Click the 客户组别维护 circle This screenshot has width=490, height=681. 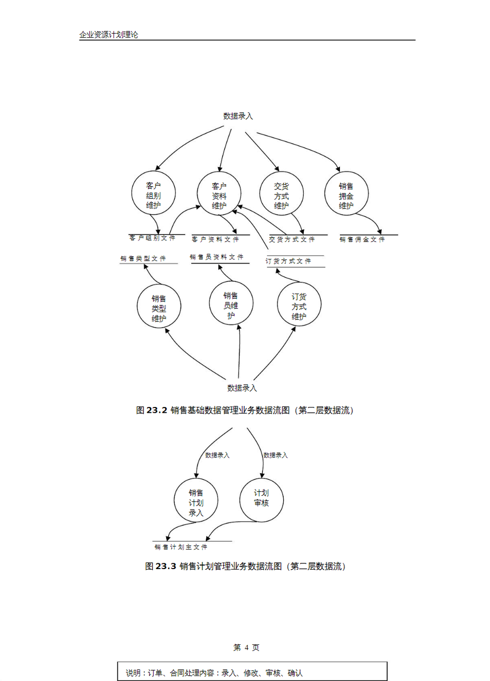coord(153,194)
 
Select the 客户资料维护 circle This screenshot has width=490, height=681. coord(219,194)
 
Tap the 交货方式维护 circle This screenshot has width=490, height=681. coord(281,194)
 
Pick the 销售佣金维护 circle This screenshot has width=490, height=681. coord(346,194)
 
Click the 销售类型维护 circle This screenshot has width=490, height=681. coord(159,307)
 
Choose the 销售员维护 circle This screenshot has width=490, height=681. coord(231,304)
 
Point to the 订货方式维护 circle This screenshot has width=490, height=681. coord(299,305)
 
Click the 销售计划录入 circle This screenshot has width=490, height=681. coord(196,501)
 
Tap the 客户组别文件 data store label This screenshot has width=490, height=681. coord(153,238)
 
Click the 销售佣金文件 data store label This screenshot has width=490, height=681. coord(362,239)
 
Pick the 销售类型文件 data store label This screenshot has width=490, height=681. coord(143,258)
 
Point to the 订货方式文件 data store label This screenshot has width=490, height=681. coord(289,261)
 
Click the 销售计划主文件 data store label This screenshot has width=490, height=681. coord(181,547)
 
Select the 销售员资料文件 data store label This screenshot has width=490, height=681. coord(217,257)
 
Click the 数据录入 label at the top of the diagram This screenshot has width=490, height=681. coord(238,116)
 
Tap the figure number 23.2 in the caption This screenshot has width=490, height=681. coord(157,410)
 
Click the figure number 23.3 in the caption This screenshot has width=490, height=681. coord(166,566)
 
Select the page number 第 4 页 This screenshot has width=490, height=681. coord(246,647)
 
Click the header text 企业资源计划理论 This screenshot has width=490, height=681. coord(109,35)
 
